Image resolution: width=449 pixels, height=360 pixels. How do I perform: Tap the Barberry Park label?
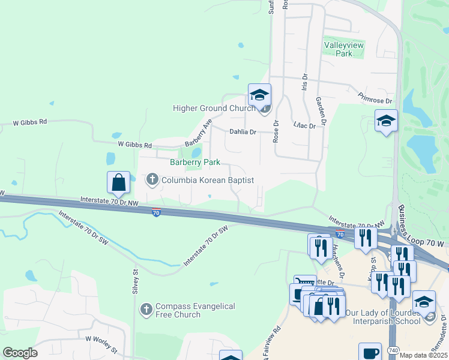click(x=195, y=162)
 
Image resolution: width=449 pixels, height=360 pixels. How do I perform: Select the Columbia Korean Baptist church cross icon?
click(x=152, y=179)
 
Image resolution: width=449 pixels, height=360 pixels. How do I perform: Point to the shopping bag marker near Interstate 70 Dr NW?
click(x=119, y=182)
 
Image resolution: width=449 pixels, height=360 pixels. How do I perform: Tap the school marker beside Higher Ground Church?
click(x=259, y=95)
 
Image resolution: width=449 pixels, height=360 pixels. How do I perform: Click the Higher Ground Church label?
click(x=214, y=109)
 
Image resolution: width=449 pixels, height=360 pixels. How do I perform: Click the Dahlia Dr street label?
click(x=243, y=132)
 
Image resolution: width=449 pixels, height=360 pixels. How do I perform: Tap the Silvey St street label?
click(x=136, y=280)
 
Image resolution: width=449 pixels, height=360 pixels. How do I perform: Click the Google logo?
click(x=20, y=353)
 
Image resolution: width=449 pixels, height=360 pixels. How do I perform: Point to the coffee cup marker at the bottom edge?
click(x=370, y=352)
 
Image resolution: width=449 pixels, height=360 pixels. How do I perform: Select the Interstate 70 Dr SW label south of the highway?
click(x=206, y=246)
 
